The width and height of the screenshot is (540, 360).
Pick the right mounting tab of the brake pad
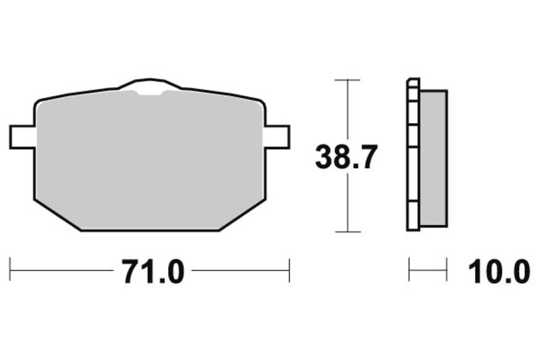click(x=277, y=136)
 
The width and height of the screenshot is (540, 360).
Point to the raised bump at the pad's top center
click(x=150, y=84)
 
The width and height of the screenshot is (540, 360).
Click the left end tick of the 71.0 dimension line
click(x=11, y=269)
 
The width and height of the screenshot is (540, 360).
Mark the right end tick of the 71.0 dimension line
click(x=289, y=269)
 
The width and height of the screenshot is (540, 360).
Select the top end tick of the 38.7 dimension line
click(x=347, y=80)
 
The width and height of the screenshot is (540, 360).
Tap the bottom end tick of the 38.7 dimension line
click(x=347, y=232)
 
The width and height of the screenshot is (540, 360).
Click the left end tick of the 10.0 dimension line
click(x=409, y=269)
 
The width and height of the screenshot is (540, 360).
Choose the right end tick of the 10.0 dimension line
click(x=446, y=269)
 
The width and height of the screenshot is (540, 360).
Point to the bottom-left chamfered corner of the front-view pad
click(x=57, y=215)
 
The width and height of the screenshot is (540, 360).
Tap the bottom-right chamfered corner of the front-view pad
click(x=242, y=215)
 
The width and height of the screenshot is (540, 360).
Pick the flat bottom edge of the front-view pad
click(x=150, y=230)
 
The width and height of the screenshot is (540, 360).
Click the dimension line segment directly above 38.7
click(x=347, y=108)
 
